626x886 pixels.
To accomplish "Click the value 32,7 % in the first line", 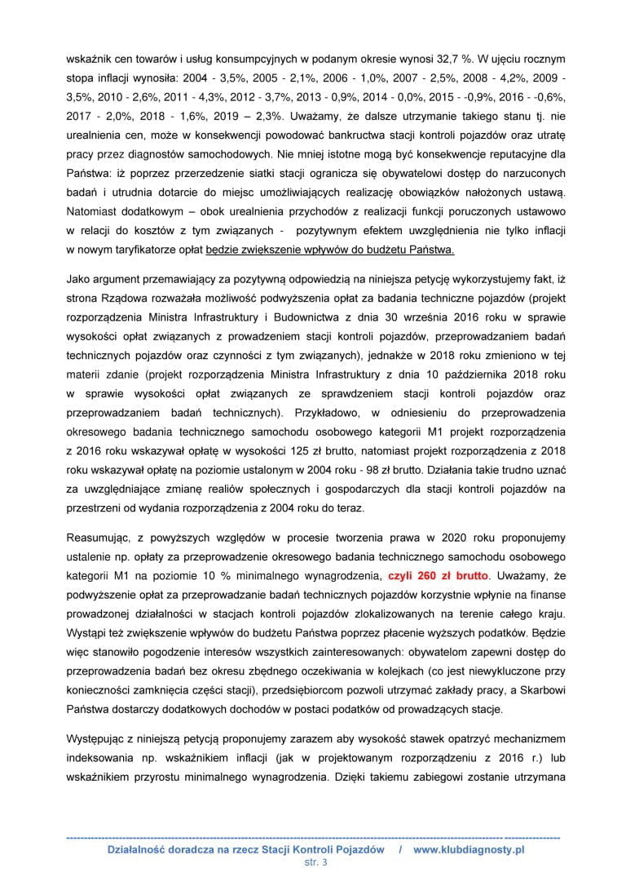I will [x=443, y=60].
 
